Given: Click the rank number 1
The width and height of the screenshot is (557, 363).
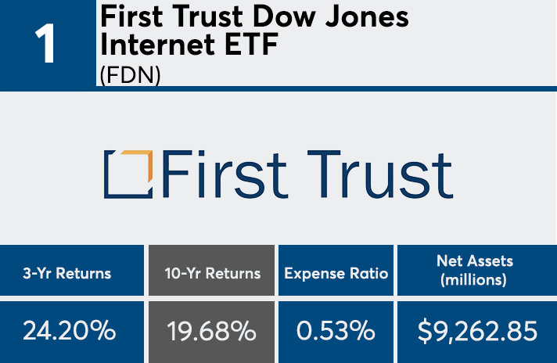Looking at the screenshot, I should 46,45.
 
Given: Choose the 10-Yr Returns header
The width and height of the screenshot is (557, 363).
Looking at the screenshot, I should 212,274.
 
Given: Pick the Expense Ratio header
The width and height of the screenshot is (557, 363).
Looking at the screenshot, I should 336,274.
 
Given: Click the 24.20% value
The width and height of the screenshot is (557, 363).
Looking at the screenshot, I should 69,331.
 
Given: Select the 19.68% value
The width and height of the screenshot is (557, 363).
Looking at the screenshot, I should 212,332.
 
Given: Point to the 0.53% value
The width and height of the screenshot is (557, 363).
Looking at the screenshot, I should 336,331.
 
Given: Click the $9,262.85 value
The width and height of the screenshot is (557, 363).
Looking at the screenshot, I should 477,331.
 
